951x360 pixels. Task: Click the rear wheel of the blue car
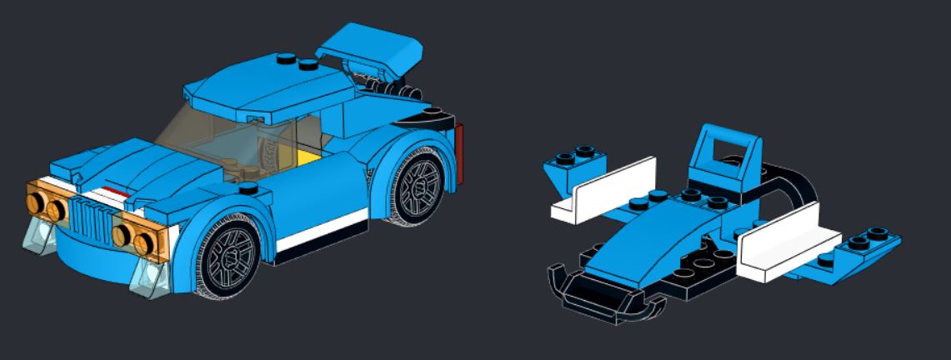coord(419,183)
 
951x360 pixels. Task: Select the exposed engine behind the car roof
coord(383,87)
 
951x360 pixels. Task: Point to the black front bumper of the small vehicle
coord(600,296)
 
